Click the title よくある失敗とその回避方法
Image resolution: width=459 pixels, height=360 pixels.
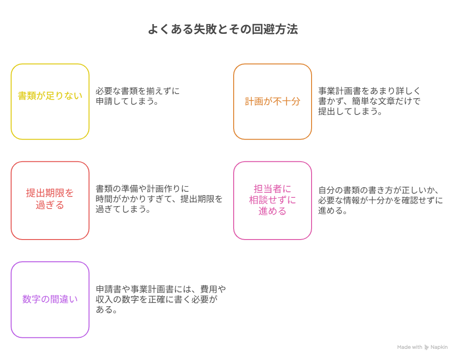tap(223, 29)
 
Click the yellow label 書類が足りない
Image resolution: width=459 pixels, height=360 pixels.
tap(50, 95)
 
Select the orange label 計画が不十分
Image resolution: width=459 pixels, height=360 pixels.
tap(273, 101)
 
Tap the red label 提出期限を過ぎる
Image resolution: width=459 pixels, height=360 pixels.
tap(50, 199)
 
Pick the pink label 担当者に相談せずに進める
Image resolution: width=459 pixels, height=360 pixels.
tap(273, 200)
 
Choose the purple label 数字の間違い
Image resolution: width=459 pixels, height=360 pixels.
tap(50, 299)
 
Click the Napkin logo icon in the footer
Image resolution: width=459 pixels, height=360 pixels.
tap(427, 347)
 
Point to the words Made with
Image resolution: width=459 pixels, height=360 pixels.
tap(409, 347)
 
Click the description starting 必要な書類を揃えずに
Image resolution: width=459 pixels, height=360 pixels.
tap(138, 96)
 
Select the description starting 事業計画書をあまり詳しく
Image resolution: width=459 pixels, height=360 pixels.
tap(370, 101)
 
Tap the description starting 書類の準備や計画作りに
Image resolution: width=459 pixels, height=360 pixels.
tap(159, 199)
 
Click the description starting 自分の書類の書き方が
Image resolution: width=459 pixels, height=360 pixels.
tap(381, 200)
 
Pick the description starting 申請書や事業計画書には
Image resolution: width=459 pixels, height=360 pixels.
tap(161, 299)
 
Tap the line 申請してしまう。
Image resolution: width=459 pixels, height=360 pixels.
tap(127, 101)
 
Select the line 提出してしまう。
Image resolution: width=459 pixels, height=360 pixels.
tap(350, 111)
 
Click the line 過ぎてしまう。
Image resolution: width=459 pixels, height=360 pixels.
tap(123, 209)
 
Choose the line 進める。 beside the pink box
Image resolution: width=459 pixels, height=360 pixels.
tap(333, 210)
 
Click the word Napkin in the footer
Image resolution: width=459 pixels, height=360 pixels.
tap(439, 347)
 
